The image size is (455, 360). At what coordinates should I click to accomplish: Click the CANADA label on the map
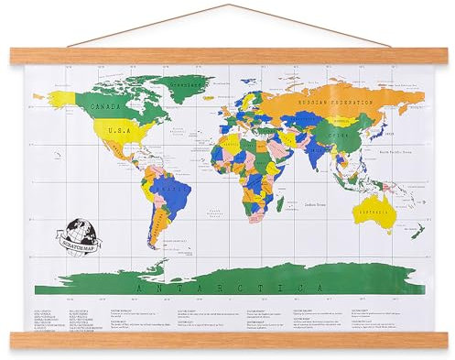[109, 106]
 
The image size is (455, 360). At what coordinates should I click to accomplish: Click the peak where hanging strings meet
[227, 5]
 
